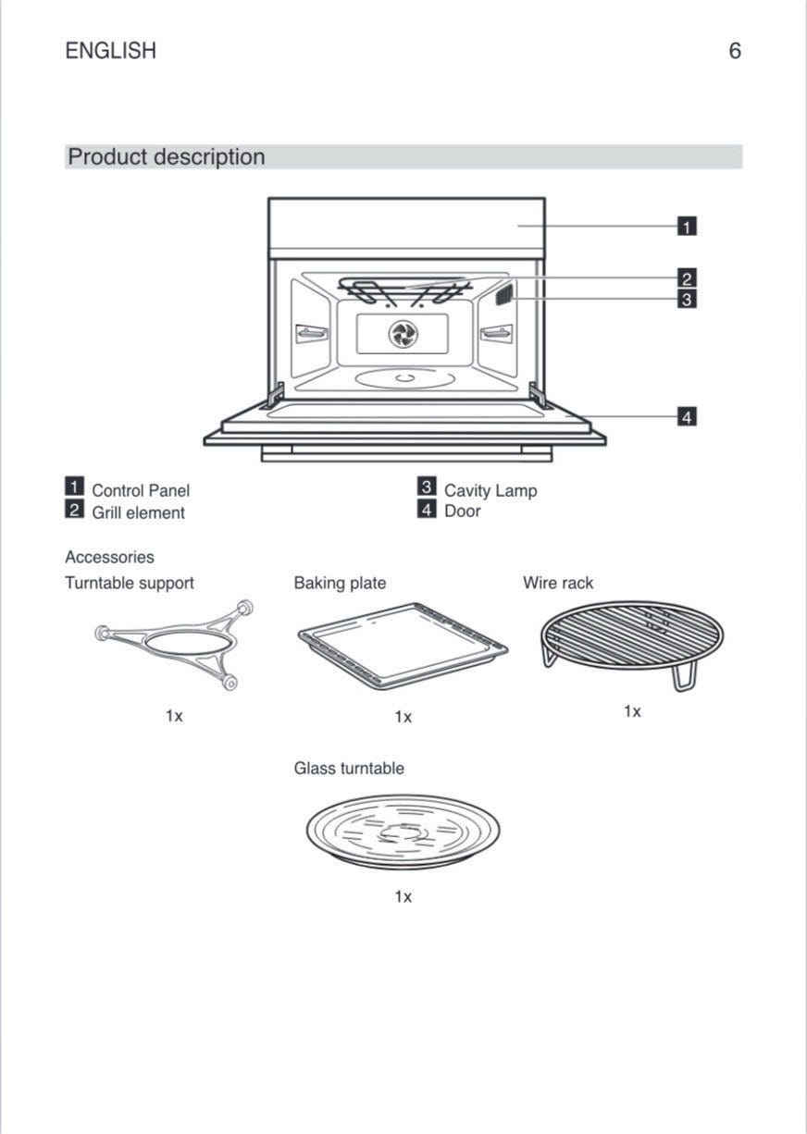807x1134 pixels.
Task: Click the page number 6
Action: point(734,51)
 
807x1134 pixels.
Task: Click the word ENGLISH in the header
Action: point(110,51)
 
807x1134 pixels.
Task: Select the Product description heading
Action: point(167,157)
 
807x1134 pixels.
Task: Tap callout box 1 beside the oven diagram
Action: point(687,226)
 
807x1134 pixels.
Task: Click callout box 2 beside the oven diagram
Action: point(687,277)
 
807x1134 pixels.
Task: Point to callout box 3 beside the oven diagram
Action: point(687,299)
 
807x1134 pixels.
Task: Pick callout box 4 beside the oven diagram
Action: point(687,417)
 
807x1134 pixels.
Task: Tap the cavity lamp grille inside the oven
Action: point(503,296)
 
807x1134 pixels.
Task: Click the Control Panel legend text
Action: point(141,490)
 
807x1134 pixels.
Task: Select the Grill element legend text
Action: point(138,512)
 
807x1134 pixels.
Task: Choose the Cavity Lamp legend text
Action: point(490,490)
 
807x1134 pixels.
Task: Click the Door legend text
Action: point(463,512)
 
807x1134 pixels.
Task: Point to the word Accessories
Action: point(109,558)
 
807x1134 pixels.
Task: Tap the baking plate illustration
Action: point(403,645)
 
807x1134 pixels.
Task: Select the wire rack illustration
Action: point(631,638)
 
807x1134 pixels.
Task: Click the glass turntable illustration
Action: point(403,831)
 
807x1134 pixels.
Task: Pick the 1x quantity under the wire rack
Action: point(632,711)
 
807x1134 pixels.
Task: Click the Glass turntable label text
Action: point(349,769)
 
